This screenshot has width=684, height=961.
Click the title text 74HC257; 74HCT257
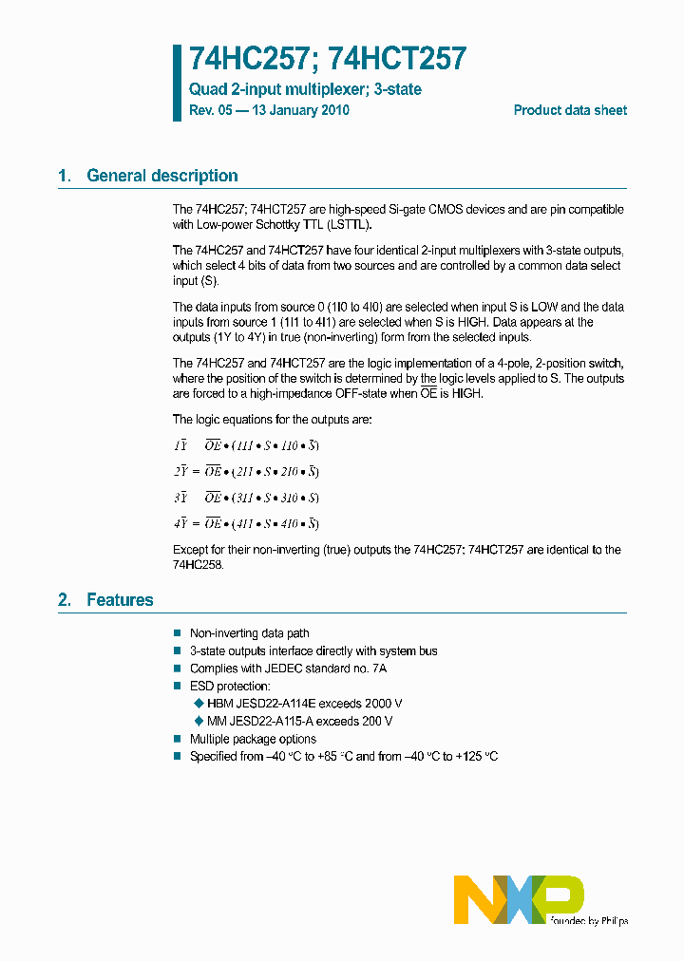328,60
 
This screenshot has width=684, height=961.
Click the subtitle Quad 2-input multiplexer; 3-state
305,89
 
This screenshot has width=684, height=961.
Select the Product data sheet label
570,110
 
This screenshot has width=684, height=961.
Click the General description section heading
161,176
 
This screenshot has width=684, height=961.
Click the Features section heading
119,600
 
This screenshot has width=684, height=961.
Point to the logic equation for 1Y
246,445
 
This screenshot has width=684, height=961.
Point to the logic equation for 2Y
246,471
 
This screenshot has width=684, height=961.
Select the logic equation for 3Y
246,498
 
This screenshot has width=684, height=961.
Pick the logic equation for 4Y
246,523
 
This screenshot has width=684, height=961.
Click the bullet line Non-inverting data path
249,633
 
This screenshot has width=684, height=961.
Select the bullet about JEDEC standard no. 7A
288,669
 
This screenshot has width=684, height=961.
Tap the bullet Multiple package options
253,739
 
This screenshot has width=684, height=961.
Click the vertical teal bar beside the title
176,83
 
